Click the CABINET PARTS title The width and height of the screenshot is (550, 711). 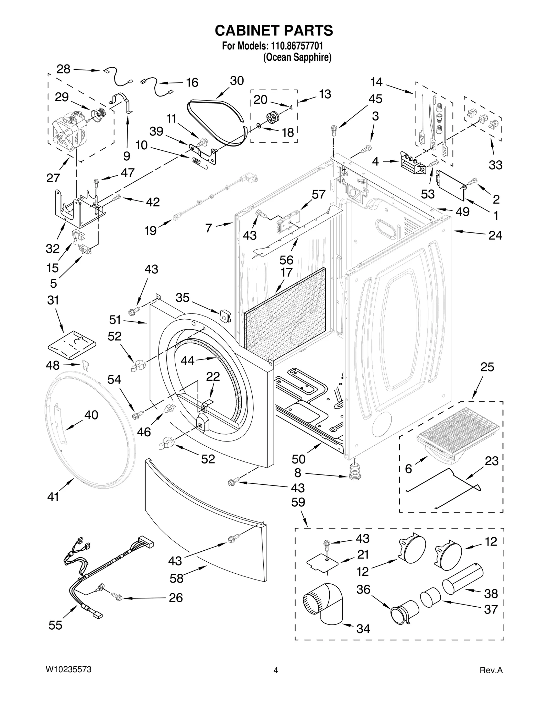pos(274,31)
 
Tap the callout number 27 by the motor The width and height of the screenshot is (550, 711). pos(53,178)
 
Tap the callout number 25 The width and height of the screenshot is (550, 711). pos(487,367)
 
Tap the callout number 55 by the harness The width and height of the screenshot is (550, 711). pos(55,626)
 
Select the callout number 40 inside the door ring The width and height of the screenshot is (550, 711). pos(91,415)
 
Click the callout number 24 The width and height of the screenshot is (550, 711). pos(495,235)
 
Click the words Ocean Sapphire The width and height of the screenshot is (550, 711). pos(297,57)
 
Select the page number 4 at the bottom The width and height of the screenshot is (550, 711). pos(275,670)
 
